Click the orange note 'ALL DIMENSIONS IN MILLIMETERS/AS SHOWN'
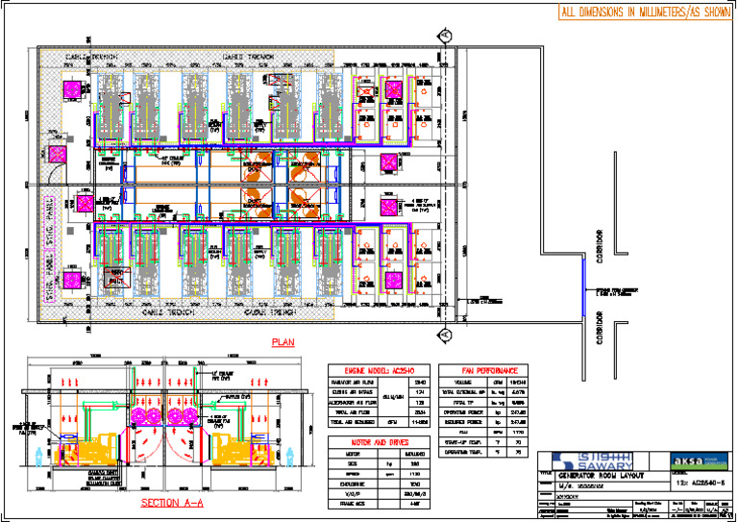pyautogui.click(x=645, y=12)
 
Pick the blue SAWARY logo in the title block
pyautogui.click(x=577, y=460)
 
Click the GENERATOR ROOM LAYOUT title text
pyautogui.click(x=601, y=477)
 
